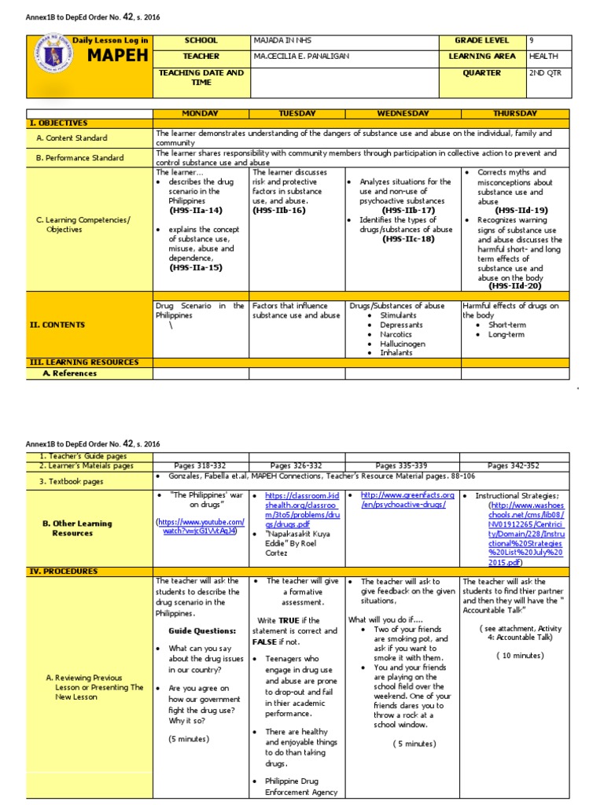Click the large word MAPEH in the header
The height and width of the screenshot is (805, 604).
tap(118, 57)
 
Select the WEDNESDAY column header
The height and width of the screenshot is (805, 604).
tap(403, 113)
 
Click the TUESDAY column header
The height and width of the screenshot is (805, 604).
tap(297, 113)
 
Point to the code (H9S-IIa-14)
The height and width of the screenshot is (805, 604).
tap(196, 210)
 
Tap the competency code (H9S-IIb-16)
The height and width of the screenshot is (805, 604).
tap(278, 210)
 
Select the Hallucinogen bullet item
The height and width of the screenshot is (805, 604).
tap(403, 344)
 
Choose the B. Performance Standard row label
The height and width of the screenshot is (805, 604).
tap(79, 157)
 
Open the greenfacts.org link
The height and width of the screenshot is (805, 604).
tap(407, 499)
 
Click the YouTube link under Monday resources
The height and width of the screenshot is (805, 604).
tap(201, 526)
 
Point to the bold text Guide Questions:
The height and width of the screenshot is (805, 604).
tap(202, 630)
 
